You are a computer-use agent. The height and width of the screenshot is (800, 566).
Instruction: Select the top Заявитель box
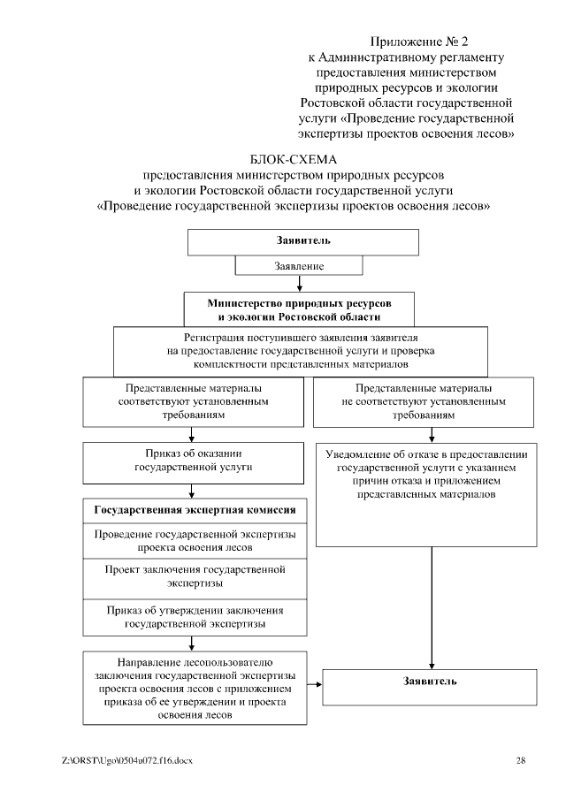(302, 240)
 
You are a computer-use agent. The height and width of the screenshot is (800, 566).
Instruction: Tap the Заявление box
(301, 265)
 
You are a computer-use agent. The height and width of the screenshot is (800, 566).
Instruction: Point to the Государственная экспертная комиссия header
(195, 511)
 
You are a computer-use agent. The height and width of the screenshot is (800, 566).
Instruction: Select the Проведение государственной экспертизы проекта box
(195, 541)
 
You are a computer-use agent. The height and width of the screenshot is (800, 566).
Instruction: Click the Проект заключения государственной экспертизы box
(195, 576)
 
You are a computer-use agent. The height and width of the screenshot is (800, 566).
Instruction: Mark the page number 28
(521, 760)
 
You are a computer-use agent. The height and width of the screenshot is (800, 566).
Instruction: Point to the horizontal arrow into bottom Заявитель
(314, 680)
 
